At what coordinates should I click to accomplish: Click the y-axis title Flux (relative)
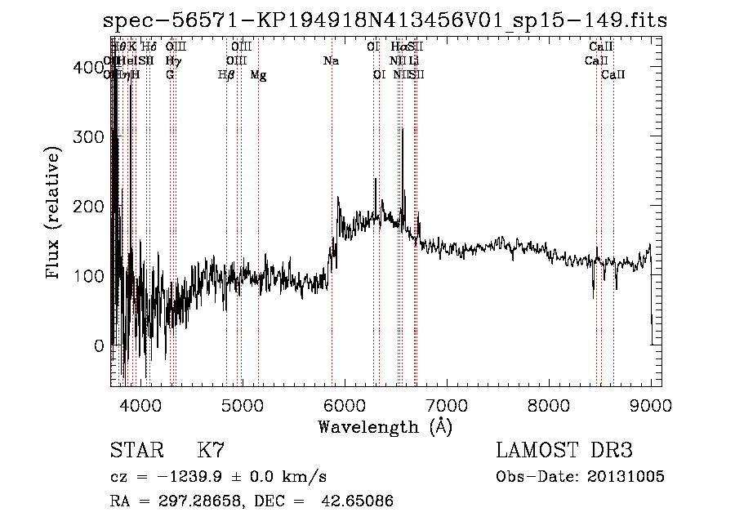coord(54,214)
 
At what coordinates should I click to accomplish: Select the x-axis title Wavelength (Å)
coord(385,426)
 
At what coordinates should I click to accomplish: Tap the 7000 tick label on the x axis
coord(446,403)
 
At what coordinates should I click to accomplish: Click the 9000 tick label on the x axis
coord(651,403)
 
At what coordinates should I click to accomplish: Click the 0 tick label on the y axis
coord(99,345)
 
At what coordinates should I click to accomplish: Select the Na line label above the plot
coord(331,61)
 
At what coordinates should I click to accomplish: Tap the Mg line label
coord(258,75)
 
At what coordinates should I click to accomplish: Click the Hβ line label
coord(226,75)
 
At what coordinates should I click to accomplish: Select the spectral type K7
coord(211,451)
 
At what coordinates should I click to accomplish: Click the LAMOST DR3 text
coord(564,451)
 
